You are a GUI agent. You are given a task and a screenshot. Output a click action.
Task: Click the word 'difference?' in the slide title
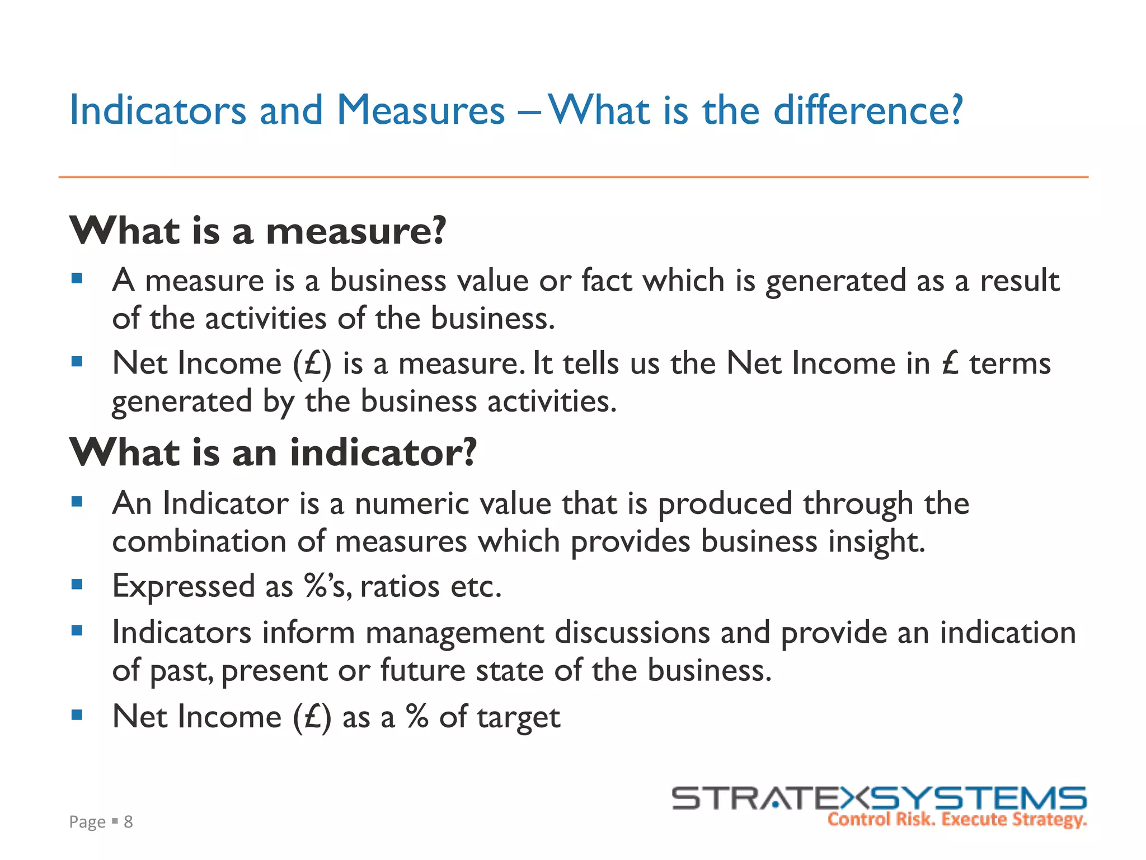(868, 110)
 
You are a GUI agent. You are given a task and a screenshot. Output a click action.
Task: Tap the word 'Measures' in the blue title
(420, 110)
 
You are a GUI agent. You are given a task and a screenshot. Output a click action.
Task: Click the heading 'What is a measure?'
(257, 231)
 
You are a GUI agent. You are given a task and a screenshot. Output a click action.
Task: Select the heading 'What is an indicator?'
(273, 452)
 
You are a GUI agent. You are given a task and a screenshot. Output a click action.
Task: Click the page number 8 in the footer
(128, 821)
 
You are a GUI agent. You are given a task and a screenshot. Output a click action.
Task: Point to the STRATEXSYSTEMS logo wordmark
(879, 798)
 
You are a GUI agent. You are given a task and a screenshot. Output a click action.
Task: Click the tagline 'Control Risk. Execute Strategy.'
(957, 820)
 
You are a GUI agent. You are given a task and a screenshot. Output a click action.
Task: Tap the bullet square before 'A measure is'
(77, 278)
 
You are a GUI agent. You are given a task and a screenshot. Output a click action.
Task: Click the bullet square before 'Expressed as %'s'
(77, 585)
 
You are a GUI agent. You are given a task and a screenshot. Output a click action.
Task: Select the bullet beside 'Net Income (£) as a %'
(77, 714)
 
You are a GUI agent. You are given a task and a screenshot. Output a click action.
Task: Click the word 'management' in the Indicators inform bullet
(454, 633)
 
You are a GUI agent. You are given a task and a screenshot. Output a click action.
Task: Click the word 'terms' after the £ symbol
(1010, 364)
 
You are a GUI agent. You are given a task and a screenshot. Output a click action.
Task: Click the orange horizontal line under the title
(573, 177)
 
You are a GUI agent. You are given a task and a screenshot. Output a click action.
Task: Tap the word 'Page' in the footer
(87, 822)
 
